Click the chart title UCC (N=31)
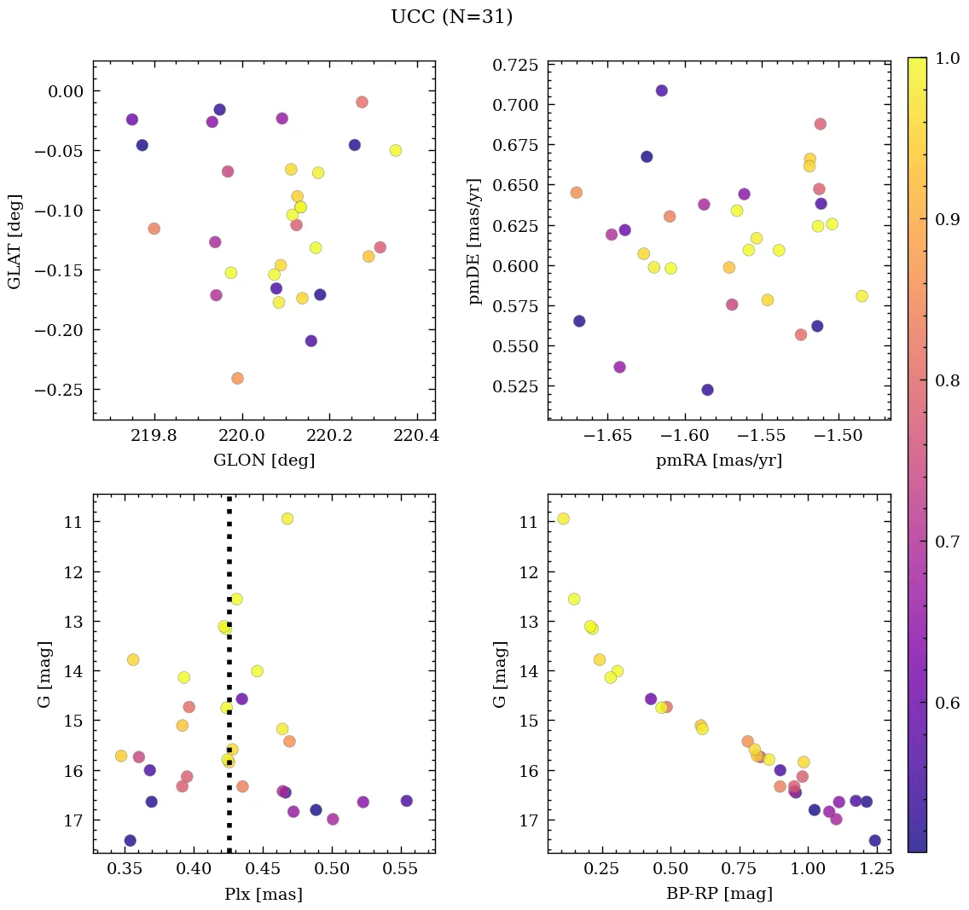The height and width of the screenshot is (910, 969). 451,17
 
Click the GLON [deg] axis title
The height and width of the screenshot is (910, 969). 264,461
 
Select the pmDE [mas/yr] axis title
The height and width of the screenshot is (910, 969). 475,241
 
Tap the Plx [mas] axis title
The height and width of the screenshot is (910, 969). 264,894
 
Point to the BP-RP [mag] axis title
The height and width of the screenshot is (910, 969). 719,894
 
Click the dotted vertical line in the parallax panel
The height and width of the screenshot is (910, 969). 229,768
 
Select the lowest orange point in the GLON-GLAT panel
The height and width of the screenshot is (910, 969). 237,378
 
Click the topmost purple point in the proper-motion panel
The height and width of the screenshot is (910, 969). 661,90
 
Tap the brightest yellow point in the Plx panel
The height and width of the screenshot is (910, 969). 287,519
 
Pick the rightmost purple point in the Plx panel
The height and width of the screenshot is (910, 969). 406,801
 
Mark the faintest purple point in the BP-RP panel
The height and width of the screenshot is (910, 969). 874,840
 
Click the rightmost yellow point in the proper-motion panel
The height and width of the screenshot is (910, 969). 862,296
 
